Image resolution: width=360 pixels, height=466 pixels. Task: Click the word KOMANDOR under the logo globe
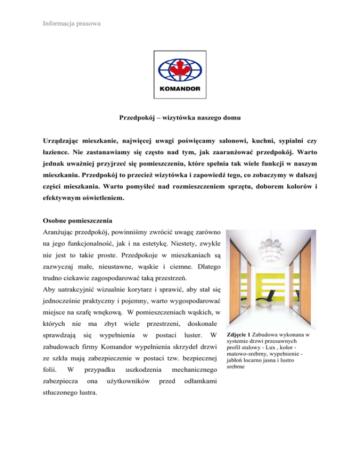[180, 87]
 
